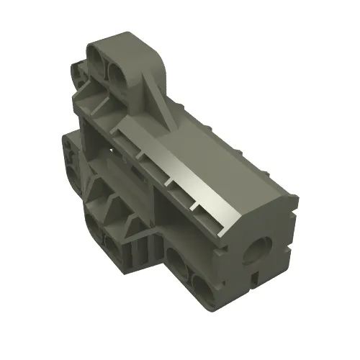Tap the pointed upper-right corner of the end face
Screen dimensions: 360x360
click(294, 193)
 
